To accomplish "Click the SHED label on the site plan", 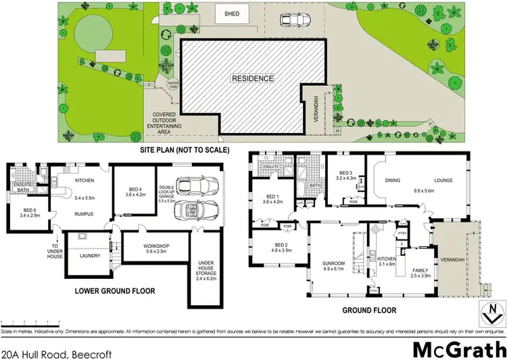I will point(233,14).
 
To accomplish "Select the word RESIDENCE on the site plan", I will point(254,78).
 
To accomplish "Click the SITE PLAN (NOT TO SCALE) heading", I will point(185,149).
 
